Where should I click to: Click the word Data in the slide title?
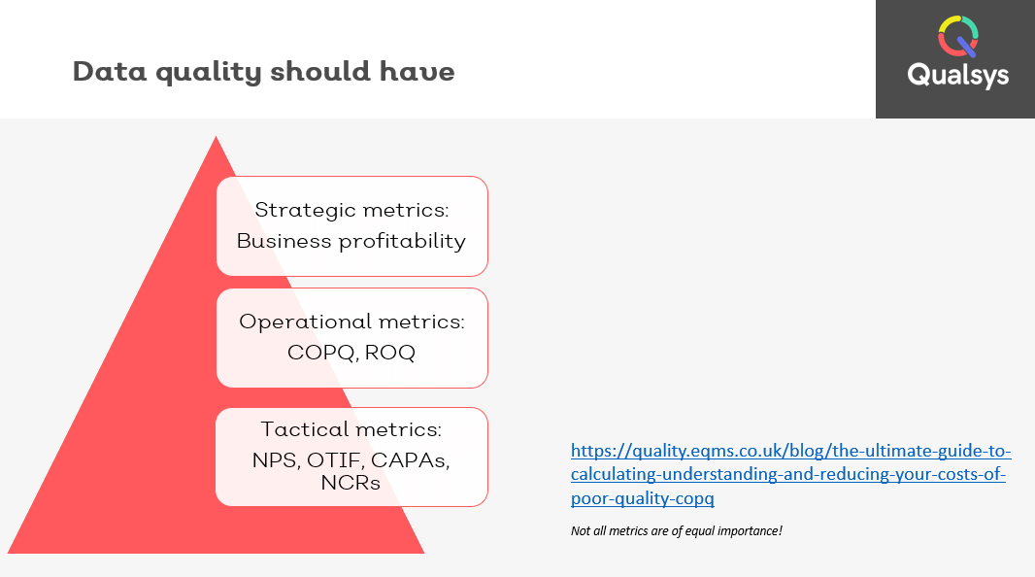tap(110, 71)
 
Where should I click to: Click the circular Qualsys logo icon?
tap(958, 37)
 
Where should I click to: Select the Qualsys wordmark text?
tap(957, 75)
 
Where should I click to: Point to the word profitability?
tap(402, 241)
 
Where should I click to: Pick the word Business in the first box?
tap(284, 241)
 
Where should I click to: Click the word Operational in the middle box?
tap(305, 322)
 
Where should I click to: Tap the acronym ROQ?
tap(390, 353)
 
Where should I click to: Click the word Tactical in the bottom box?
tap(304, 429)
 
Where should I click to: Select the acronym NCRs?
tap(351, 483)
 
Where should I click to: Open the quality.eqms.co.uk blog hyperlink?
tap(790, 474)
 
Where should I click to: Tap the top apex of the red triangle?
tap(216, 136)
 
